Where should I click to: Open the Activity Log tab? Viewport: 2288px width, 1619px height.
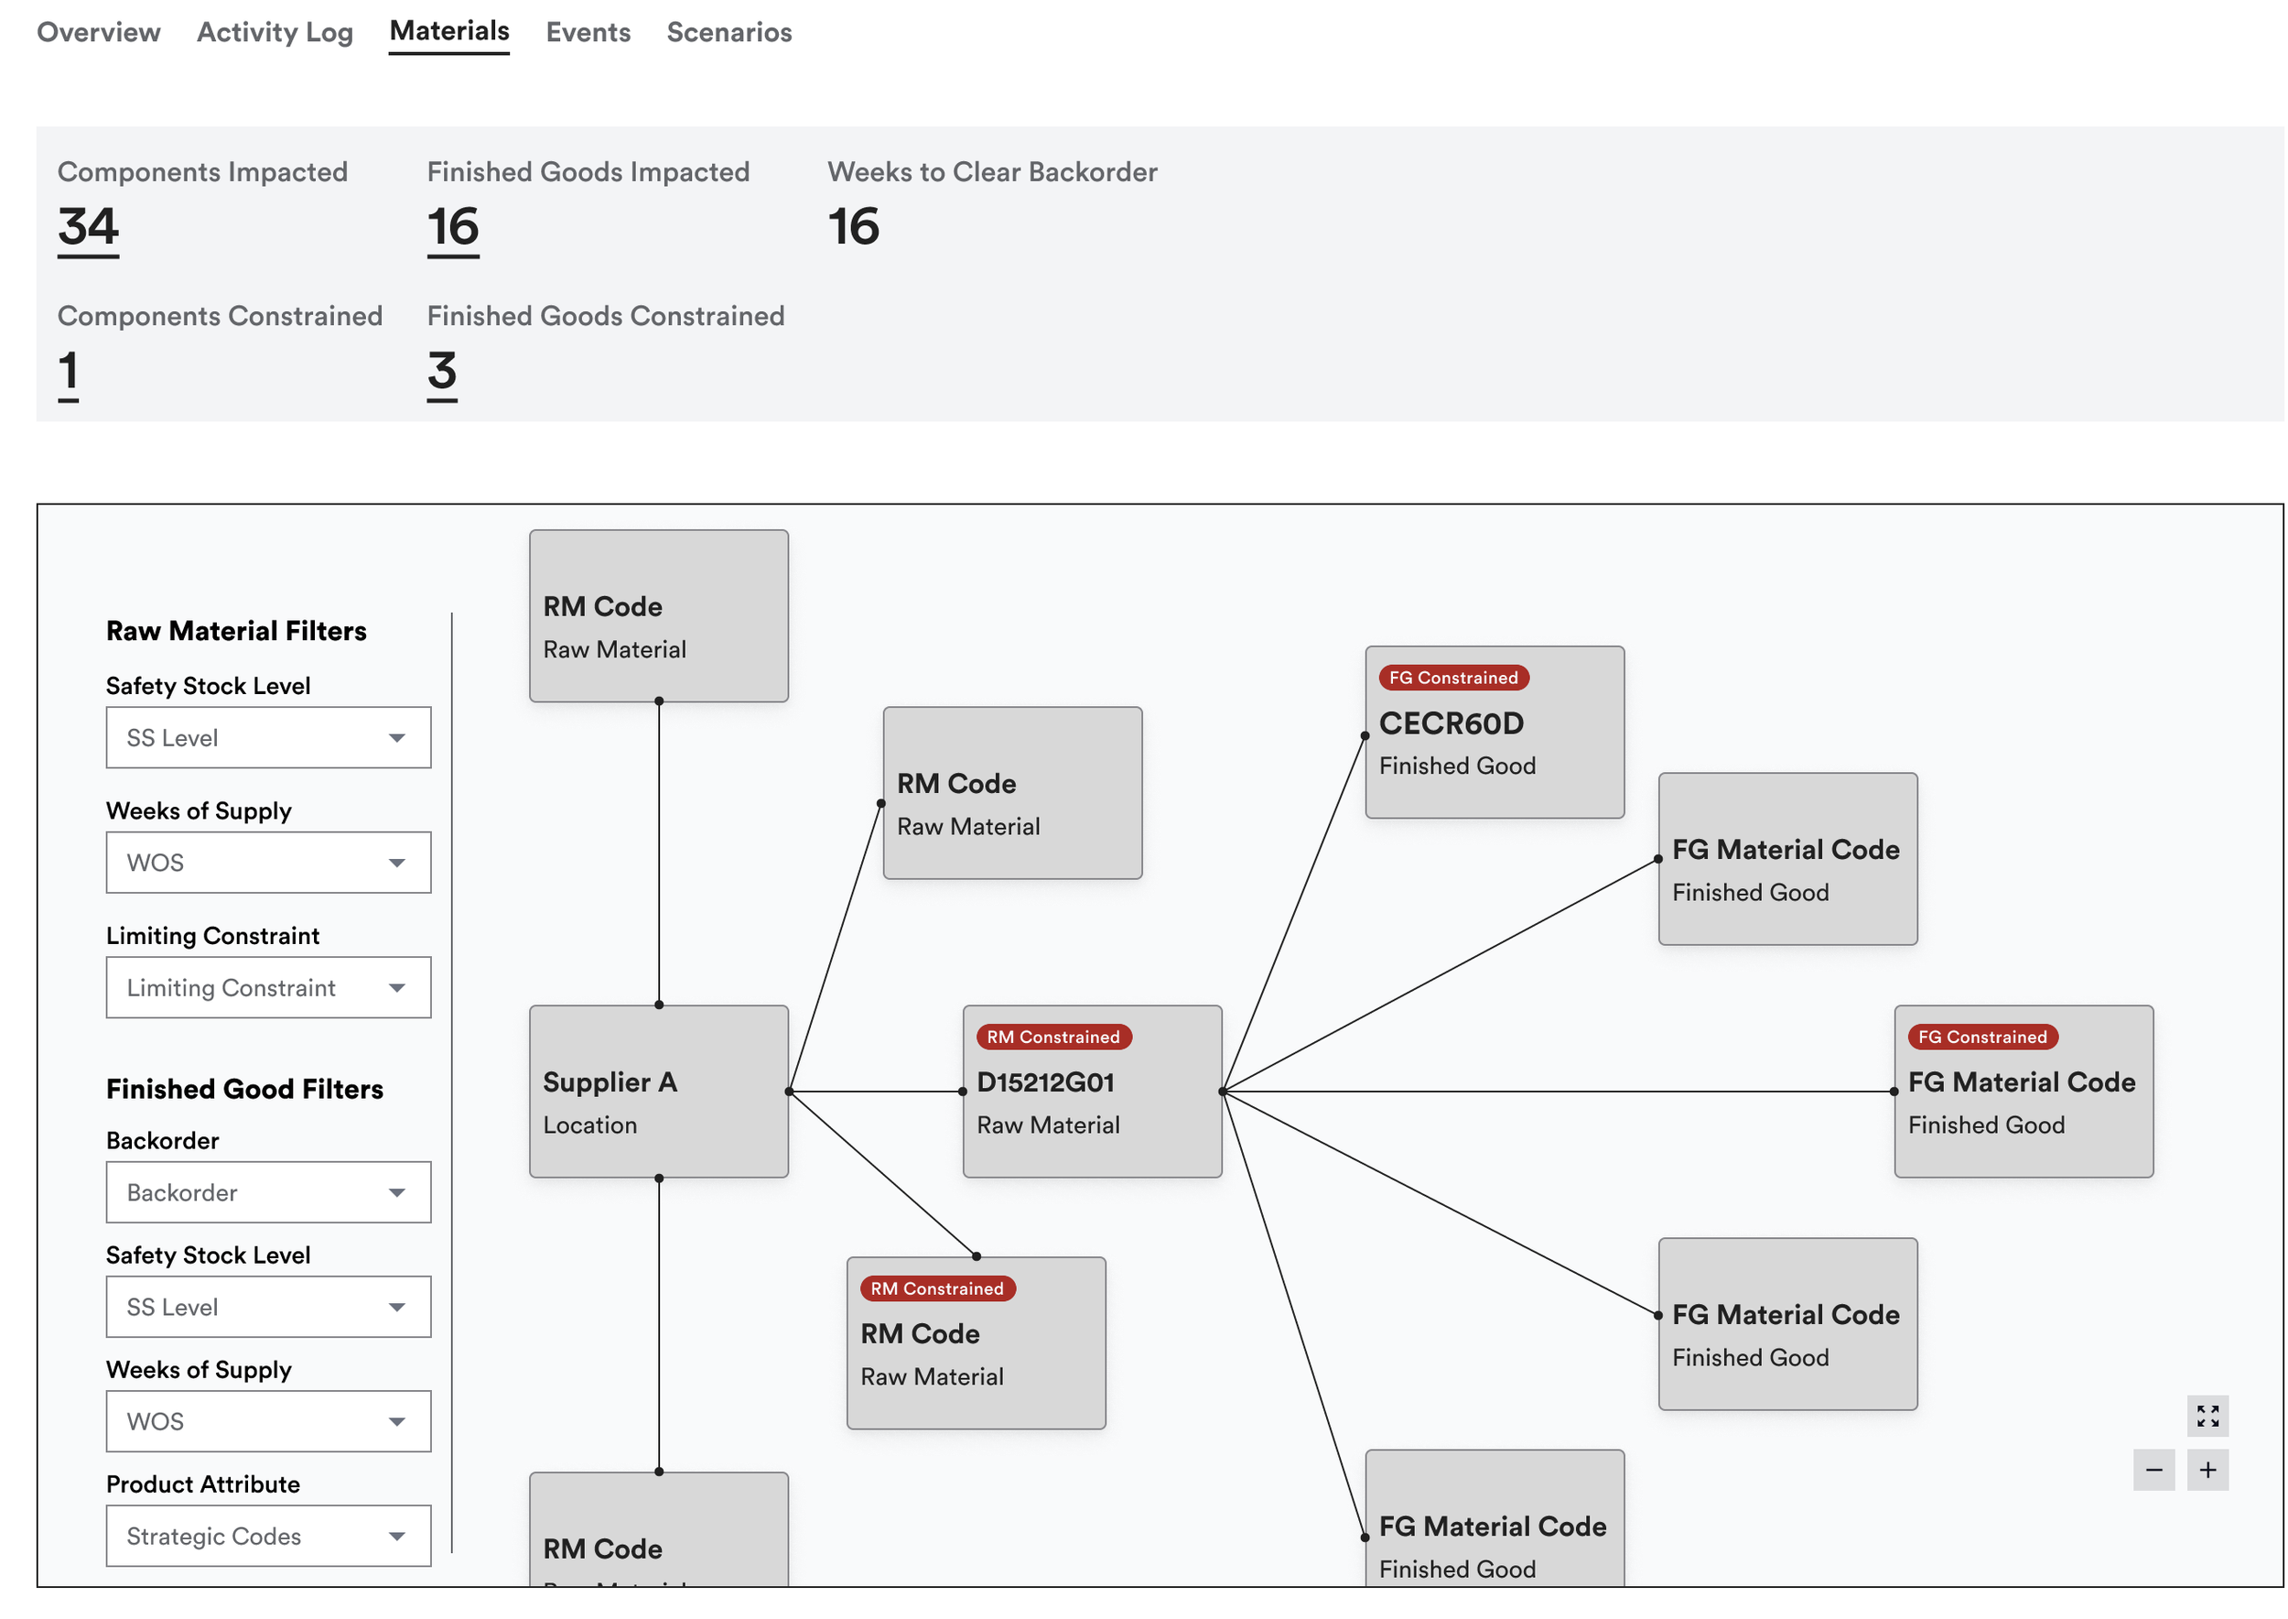click(275, 32)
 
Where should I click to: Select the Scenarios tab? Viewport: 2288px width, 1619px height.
click(729, 32)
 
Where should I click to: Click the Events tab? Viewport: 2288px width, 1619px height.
click(588, 32)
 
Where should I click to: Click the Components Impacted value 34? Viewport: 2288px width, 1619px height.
click(88, 227)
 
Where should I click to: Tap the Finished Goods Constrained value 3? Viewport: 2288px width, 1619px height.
click(442, 372)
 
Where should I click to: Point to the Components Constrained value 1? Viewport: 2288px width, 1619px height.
click(68, 372)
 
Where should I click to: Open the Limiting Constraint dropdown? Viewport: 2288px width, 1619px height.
click(269, 987)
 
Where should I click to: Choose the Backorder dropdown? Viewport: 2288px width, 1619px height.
click(269, 1192)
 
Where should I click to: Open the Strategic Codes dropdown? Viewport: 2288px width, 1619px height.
click(269, 1537)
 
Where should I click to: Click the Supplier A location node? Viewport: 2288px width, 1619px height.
click(659, 1092)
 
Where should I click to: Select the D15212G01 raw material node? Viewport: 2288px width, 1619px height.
click(1092, 1092)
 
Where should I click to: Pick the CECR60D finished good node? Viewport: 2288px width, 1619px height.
click(1495, 733)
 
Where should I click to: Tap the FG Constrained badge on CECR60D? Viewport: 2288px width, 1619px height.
click(1454, 678)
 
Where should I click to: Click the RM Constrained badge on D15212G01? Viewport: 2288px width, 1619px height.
click(1053, 1037)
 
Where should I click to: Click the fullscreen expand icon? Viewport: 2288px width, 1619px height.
click(2207, 1416)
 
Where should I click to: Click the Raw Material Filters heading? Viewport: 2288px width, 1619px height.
click(236, 631)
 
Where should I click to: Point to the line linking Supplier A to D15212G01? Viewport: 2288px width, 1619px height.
click(876, 1092)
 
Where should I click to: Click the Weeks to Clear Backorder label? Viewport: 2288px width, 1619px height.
click(992, 171)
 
